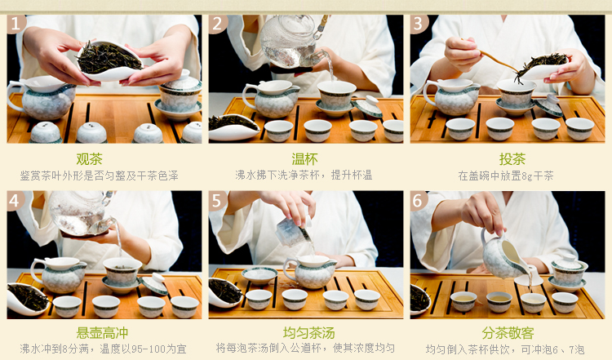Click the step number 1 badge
16,24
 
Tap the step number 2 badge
217,24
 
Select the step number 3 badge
419,24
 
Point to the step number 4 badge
16,201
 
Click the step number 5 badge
217,201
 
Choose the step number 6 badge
419,201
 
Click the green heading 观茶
89,159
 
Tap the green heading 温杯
305,159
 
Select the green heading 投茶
512,159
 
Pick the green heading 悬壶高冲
102,333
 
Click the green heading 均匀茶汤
308,333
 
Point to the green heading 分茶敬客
508,333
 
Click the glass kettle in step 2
292,42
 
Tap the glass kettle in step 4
82,213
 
